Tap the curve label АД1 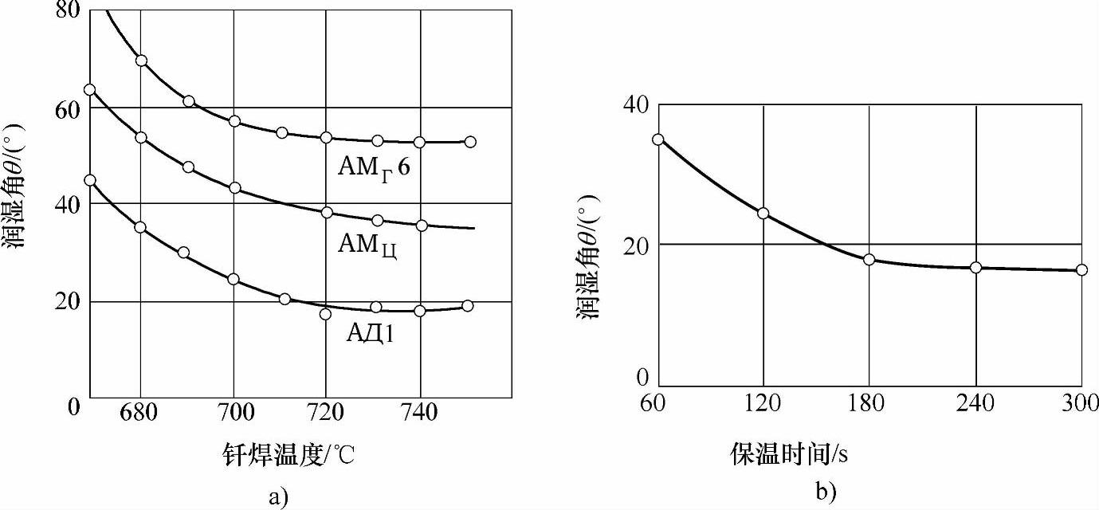pos(370,332)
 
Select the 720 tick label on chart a pos(326,413)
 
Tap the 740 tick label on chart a pos(418,413)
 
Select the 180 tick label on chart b pos(866,404)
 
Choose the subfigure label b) pos(826,492)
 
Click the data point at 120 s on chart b pos(763,214)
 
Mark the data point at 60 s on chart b pos(657,139)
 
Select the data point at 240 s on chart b pos(975,268)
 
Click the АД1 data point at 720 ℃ pos(325,314)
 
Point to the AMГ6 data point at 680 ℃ pos(141,61)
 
